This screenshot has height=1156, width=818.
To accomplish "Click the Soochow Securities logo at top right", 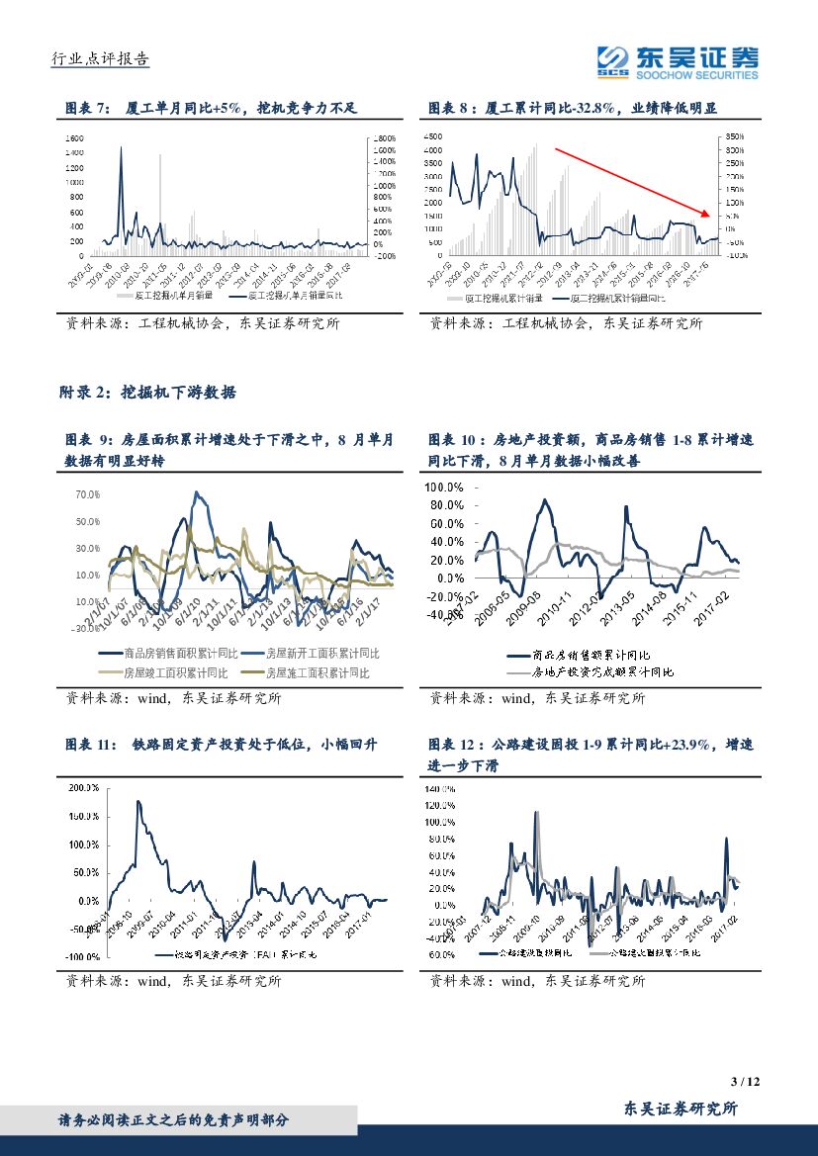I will click(679, 61).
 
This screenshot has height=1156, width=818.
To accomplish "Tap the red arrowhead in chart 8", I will click(707, 214).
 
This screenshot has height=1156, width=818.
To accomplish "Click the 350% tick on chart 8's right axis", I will click(733, 136).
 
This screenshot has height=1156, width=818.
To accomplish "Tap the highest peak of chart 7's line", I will click(122, 147).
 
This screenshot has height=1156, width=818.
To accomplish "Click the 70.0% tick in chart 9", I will click(87, 493).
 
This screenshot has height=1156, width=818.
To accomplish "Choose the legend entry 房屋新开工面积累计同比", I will click(316, 654).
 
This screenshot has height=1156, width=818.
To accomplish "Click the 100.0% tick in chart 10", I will click(444, 488).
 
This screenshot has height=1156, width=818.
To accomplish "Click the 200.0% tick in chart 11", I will click(84, 788).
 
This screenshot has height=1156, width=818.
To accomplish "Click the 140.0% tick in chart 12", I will click(441, 790).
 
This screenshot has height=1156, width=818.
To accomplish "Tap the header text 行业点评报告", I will click(99, 59).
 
